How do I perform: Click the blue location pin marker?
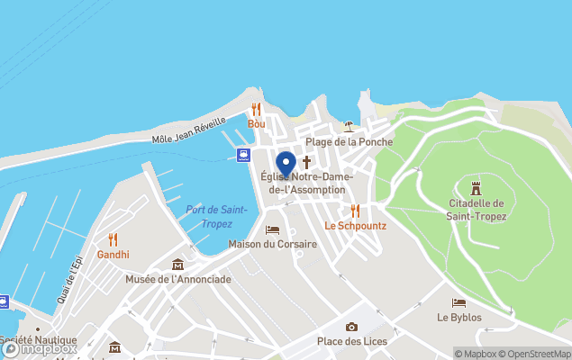[x=286, y=165]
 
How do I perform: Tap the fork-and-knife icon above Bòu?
[x=257, y=109]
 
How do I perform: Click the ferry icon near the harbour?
[x=243, y=155]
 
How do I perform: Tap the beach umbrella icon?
[x=349, y=127]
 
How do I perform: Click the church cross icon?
[x=306, y=162]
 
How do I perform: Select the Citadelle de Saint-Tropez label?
[x=477, y=210]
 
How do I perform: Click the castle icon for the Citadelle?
[x=477, y=187]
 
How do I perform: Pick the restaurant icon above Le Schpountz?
[x=355, y=210]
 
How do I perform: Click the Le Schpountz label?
[x=355, y=225]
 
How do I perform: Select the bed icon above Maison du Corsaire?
[x=272, y=229]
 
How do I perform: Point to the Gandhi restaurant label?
[x=113, y=254]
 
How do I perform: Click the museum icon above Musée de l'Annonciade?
[x=177, y=265]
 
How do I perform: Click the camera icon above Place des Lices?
[x=351, y=327]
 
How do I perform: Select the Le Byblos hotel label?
[x=459, y=318]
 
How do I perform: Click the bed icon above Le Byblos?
[x=459, y=303]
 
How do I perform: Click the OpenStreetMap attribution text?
[x=539, y=354]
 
